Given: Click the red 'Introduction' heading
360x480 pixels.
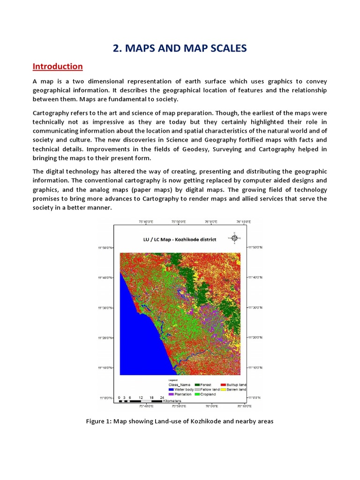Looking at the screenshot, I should point(58,67).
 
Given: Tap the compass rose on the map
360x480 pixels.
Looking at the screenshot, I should point(235,238).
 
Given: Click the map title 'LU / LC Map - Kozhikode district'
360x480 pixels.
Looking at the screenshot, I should point(180,240).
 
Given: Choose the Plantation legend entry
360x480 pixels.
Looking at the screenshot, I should point(180,394).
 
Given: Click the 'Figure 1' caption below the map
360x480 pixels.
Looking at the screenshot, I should point(180,421).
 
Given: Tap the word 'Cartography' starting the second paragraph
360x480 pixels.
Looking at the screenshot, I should point(51,113).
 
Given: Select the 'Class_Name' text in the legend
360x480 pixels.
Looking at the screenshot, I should point(178,385).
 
